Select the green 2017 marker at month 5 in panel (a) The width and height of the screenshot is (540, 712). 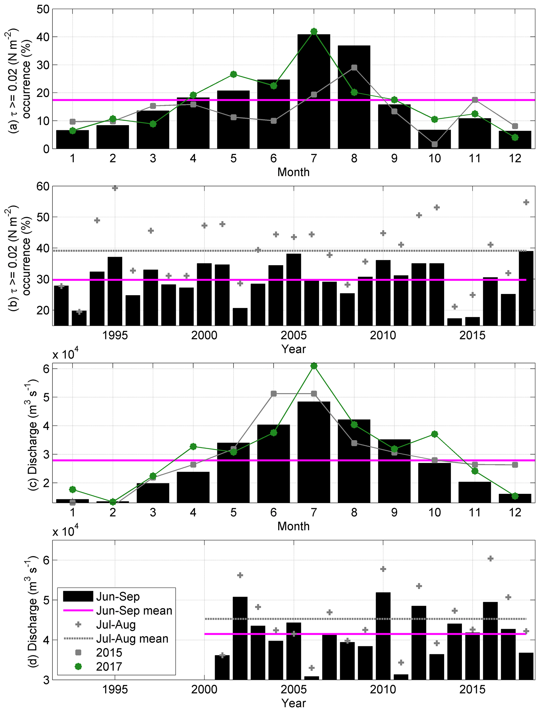[233, 74]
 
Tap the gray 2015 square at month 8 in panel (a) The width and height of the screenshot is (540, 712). [354, 68]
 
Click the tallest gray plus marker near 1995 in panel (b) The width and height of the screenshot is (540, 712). [115, 188]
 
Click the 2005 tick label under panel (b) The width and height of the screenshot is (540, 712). [293, 335]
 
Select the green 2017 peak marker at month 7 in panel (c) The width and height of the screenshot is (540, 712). [314, 366]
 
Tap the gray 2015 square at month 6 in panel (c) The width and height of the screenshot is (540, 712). [274, 394]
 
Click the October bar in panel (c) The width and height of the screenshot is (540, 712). [434, 483]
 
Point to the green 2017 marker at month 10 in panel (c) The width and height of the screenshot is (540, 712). [434, 434]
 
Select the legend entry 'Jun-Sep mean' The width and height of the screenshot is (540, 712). [134, 611]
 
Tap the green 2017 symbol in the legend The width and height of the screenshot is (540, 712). [78, 666]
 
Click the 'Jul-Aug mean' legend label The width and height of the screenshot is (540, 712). [132, 639]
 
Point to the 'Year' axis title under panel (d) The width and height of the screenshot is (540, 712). [293, 703]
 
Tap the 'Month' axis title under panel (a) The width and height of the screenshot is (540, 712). [293, 172]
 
